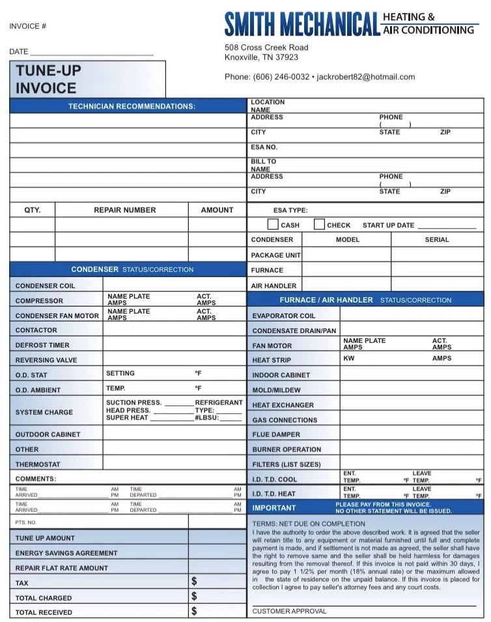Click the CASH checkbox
pyautogui.click(x=274, y=224)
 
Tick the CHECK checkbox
pyautogui.click(x=319, y=224)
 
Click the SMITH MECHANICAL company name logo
pyautogui.click(x=302, y=24)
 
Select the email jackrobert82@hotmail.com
pyautogui.click(x=365, y=77)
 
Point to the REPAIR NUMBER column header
pyautogui.click(x=125, y=210)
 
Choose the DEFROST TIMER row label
pyautogui.click(x=42, y=345)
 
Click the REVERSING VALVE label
pyautogui.click(x=46, y=360)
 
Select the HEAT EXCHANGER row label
pyautogui.click(x=283, y=405)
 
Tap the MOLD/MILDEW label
pyautogui.click(x=277, y=390)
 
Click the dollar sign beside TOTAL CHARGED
pyautogui.click(x=194, y=596)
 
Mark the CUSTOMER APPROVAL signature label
pyautogui.click(x=289, y=612)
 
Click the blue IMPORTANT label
pyautogui.click(x=274, y=508)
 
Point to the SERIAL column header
pyautogui.click(x=437, y=239)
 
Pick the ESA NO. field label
pyautogui.click(x=264, y=147)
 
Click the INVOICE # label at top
pyautogui.click(x=27, y=26)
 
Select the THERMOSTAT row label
pyautogui.click(x=38, y=465)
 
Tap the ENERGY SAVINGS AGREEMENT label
pyautogui.click(x=66, y=553)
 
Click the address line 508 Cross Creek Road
pyautogui.click(x=266, y=47)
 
